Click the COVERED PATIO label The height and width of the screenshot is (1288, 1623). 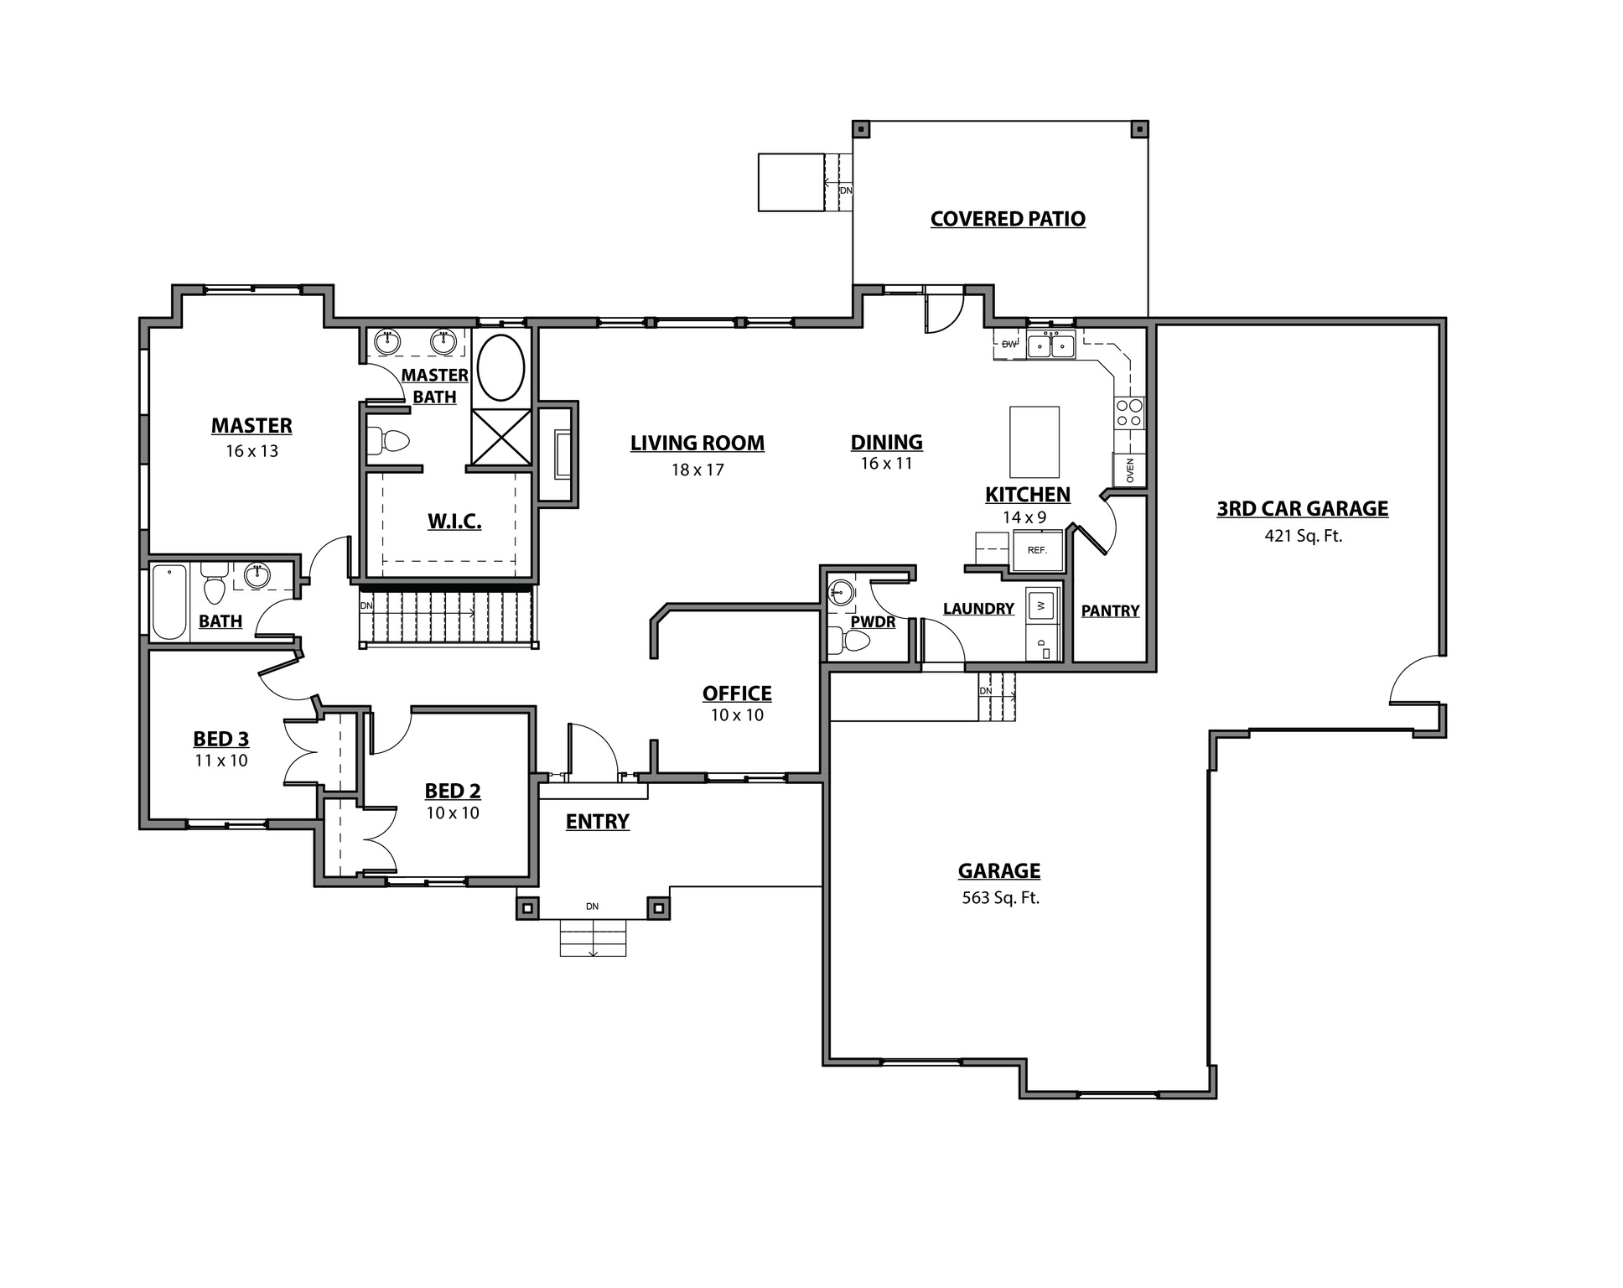pyautogui.click(x=1008, y=219)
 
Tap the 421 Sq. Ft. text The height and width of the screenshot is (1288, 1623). pyautogui.click(x=1303, y=536)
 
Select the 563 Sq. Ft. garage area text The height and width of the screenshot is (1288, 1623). pyautogui.click(x=1000, y=898)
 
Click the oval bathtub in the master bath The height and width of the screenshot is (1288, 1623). pyautogui.click(x=500, y=368)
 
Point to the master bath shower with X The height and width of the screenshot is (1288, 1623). pyautogui.click(x=500, y=436)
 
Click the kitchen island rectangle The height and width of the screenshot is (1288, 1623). pyautogui.click(x=1034, y=442)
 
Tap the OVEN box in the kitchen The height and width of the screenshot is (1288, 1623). pyautogui.click(x=1129, y=470)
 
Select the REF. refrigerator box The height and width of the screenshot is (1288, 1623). pyautogui.click(x=1038, y=550)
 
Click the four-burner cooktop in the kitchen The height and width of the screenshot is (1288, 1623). pyautogui.click(x=1128, y=413)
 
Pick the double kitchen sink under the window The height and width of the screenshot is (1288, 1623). pyautogui.click(x=1051, y=345)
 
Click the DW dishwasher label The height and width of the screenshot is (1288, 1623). pyautogui.click(x=1009, y=345)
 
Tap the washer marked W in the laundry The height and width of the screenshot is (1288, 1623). pyautogui.click(x=1041, y=605)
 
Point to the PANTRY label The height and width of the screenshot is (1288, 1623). pyautogui.click(x=1110, y=611)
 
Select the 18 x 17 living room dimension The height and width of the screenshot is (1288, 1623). pyautogui.click(x=697, y=470)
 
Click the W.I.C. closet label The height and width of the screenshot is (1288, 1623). pyautogui.click(x=454, y=522)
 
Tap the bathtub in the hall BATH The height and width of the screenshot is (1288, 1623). pyautogui.click(x=169, y=602)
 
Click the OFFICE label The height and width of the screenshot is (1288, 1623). pyautogui.click(x=737, y=693)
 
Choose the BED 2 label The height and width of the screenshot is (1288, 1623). pyautogui.click(x=453, y=791)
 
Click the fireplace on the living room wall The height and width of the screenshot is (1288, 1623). pyautogui.click(x=560, y=454)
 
